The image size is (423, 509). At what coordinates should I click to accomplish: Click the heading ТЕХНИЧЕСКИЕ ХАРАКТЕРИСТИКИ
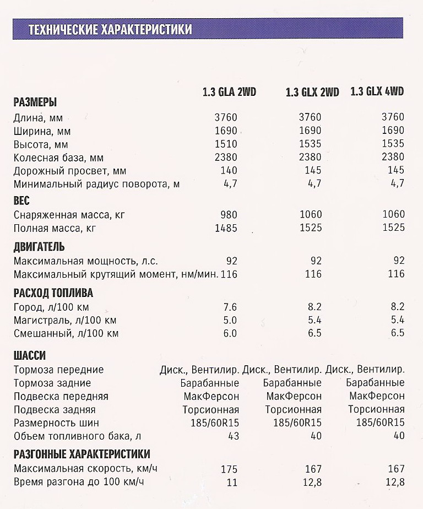pos(110,29)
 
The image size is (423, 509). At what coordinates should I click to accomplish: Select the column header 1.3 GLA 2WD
pos(229,91)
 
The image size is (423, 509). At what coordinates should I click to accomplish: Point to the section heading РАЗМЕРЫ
pos(35,102)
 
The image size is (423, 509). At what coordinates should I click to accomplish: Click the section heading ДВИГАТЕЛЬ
pos(39,246)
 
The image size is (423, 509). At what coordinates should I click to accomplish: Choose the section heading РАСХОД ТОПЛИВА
pos(53,293)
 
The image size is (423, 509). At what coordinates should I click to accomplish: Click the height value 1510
pos(226,144)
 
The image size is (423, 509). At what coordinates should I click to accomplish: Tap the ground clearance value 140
pos(229,171)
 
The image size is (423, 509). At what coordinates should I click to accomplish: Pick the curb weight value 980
pos(229,214)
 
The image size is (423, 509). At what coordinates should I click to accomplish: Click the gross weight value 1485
pos(226,228)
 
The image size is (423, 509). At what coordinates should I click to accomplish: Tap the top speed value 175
pos(229,469)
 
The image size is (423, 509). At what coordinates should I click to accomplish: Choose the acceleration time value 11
pos(231,483)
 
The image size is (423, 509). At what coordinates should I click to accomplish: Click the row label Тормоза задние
pos(52,383)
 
